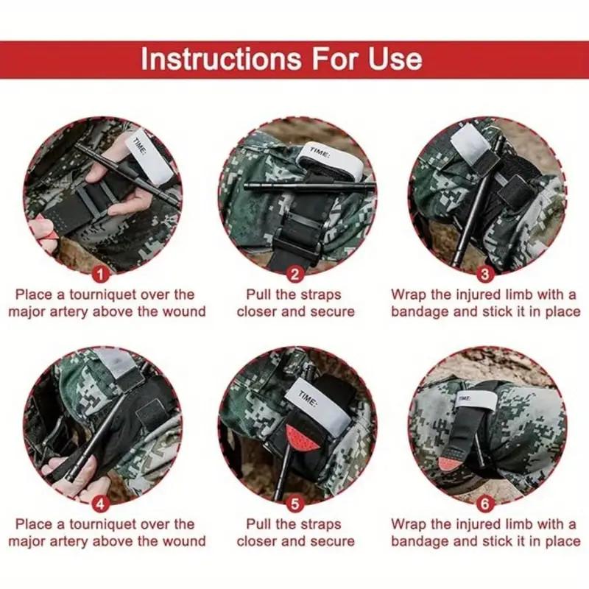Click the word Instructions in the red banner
[x=221, y=59]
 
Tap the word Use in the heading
[x=395, y=59]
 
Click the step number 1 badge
[x=101, y=275]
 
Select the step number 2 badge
[x=295, y=275]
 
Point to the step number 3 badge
[x=485, y=275]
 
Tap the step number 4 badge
[x=101, y=504]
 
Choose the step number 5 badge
[x=295, y=504]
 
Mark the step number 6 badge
[x=485, y=504]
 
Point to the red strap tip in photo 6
[x=449, y=464]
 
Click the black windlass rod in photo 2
[x=308, y=186]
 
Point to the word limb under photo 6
[x=521, y=524]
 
